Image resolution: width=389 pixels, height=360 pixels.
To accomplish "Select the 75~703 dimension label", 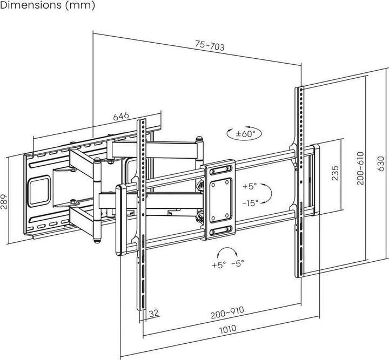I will (x=209, y=47).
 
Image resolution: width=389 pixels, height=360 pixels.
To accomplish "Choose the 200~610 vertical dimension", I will (x=360, y=168).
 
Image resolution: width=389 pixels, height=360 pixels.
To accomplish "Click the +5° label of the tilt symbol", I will (x=250, y=186).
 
